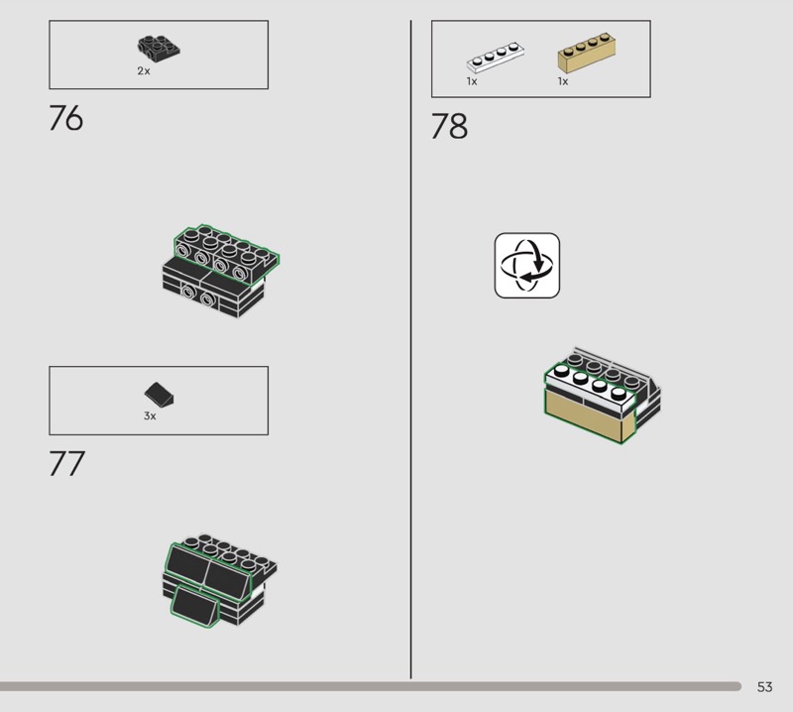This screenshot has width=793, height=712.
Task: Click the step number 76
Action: (x=65, y=118)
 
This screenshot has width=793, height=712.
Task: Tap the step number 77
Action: (x=66, y=463)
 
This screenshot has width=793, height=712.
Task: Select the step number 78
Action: (x=449, y=126)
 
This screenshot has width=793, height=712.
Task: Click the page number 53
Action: (x=764, y=686)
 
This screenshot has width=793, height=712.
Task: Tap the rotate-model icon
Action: (x=527, y=265)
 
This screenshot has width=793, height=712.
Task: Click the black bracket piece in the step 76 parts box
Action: (x=159, y=49)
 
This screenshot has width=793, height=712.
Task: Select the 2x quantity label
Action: (x=144, y=70)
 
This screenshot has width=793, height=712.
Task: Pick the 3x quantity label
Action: (x=150, y=415)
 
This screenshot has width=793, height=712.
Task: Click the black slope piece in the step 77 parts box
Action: (x=159, y=395)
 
